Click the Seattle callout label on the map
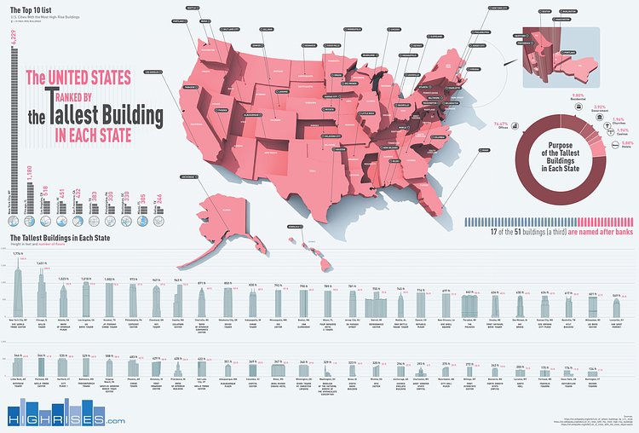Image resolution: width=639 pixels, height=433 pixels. (x=190, y=7)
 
